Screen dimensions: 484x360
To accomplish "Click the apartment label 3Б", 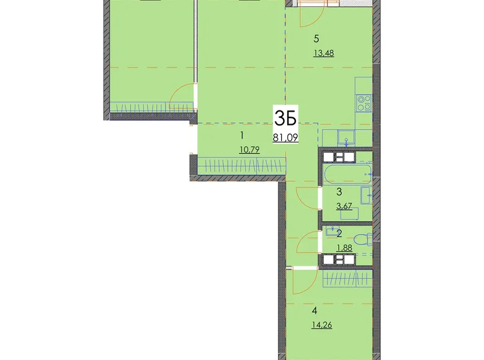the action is (x=285, y=119).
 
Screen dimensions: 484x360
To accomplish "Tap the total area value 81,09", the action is (x=285, y=137).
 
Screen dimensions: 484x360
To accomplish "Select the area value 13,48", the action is (x=323, y=53).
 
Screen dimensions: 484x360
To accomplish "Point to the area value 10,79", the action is (x=249, y=150).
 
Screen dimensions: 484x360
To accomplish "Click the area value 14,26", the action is (x=321, y=325).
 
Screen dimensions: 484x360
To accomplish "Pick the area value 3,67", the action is (x=344, y=206).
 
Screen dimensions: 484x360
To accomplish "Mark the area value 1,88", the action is (x=344, y=248).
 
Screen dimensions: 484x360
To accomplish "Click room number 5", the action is (x=316, y=39).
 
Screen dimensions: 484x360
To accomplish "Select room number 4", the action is (x=315, y=310).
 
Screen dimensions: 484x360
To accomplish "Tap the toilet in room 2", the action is (x=363, y=240).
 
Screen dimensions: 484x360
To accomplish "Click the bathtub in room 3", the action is (x=347, y=174).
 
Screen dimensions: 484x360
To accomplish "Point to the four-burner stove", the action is (x=364, y=104).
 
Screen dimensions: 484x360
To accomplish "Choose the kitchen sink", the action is (x=346, y=138).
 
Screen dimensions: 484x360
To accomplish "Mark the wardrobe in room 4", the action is (x=347, y=278).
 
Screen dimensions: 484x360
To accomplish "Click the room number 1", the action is (x=242, y=135).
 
